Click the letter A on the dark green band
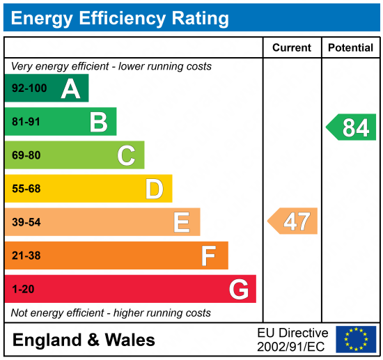pyautogui.click(x=70, y=88)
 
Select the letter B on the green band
pyautogui.click(x=98, y=122)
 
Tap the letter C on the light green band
pyautogui.click(x=126, y=155)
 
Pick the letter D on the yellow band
pyautogui.click(x=154, y=189)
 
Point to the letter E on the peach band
pyautogui.click(x=182, y=222)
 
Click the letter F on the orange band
pyautogui.click(x=208, y=256)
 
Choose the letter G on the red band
pyautogui.click(x=238, y=289)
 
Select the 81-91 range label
pyautogui.click(x=26, y=123)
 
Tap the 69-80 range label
pyautogui.click(x=26, y=156)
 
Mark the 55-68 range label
pyautogui.click(x=26, y=189)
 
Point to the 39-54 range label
pyautogui.click(x=26, y=222)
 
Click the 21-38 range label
pyautogui.click(x=26, y=256)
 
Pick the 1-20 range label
pyautogui.click(x=22, y=289)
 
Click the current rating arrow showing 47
pyautogui.click(x=293, y=221)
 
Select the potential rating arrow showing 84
pyautogui.click(x=352, y=127)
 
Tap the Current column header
pyautogui.click(x=292, y=48)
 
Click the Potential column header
pyautogui.click(x=350, y=48)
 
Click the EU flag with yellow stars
pyautogui.click(x=356, y=339)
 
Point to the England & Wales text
pyautogui.click(x=84, y=340)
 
